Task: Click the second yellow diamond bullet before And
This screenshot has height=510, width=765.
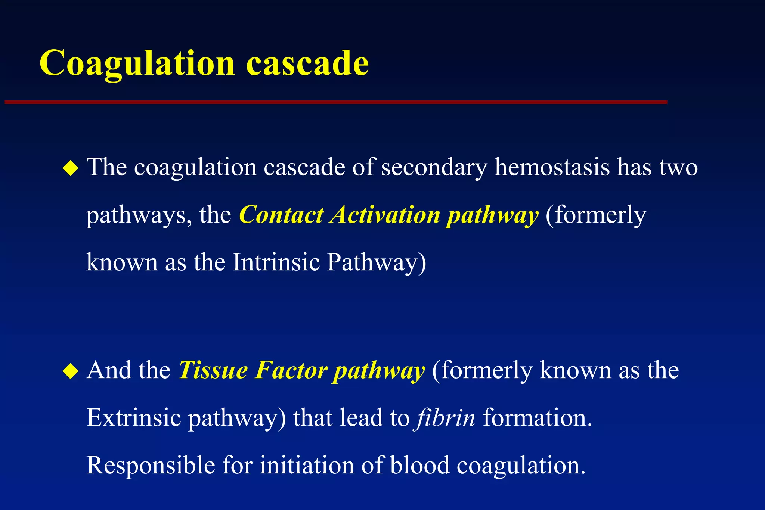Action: pos(70,371)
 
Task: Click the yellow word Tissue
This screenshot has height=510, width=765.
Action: pos(213,370)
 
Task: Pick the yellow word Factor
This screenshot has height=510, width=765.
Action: pos(291,370)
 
